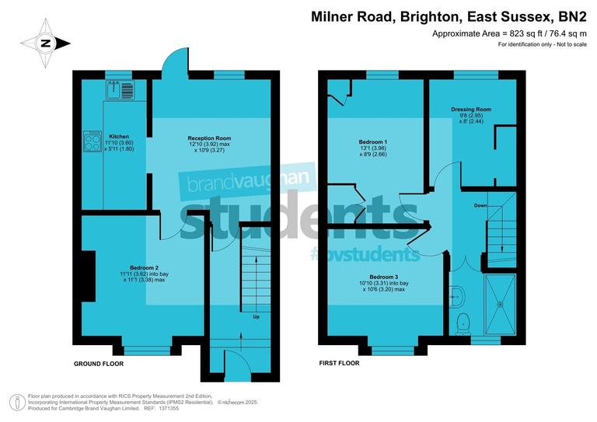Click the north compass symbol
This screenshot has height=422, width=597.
(44, 44)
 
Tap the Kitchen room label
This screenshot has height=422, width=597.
(118, 136)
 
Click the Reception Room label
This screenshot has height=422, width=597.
(209, 138)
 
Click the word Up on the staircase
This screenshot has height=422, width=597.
(257, 317)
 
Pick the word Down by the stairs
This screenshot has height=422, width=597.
(480, 207)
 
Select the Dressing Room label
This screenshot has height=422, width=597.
(472, 110)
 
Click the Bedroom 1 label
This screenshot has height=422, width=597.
(373, 142)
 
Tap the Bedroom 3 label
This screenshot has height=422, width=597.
(385, 277)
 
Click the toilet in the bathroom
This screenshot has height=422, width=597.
(463, 319)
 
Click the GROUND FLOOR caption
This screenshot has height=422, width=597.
(98, 364)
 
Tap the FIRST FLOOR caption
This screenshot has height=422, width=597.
(340, 364)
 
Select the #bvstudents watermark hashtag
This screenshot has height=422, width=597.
(365, 254)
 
